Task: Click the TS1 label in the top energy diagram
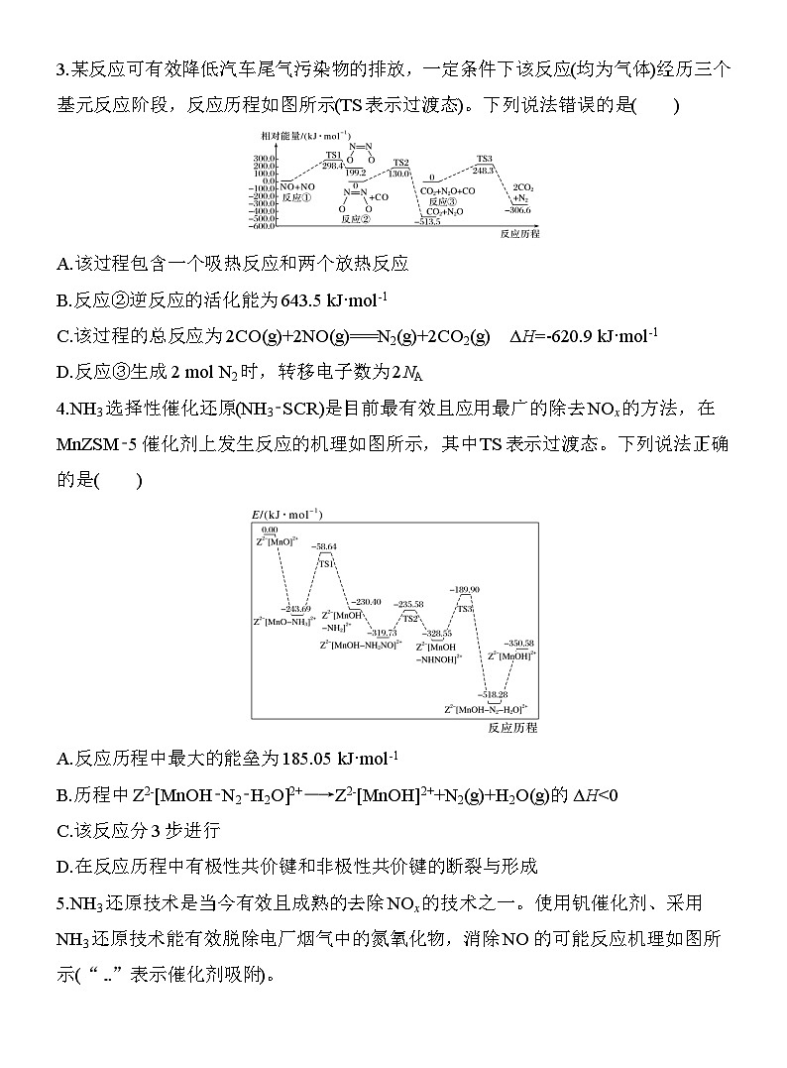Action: point(334,155)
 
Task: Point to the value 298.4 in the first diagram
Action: point(333,166)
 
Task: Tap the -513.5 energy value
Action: point(428,221)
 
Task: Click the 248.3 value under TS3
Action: point(484,170)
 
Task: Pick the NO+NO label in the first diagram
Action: point(297,186)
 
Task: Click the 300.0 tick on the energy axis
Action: point(263,158)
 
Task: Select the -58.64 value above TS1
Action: point(324,546)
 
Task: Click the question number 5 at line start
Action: point(62,903)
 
